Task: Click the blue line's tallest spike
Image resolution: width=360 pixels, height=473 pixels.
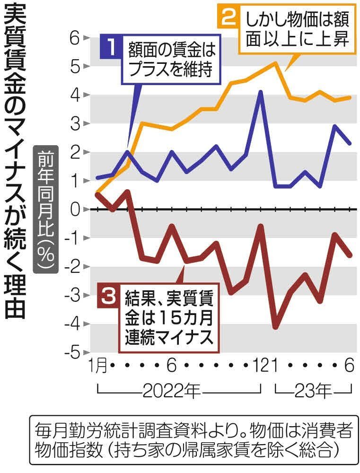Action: click(260, 92)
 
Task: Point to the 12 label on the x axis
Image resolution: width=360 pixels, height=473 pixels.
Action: click(257, 365)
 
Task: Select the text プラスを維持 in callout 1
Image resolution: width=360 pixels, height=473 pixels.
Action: click(169, 70)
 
